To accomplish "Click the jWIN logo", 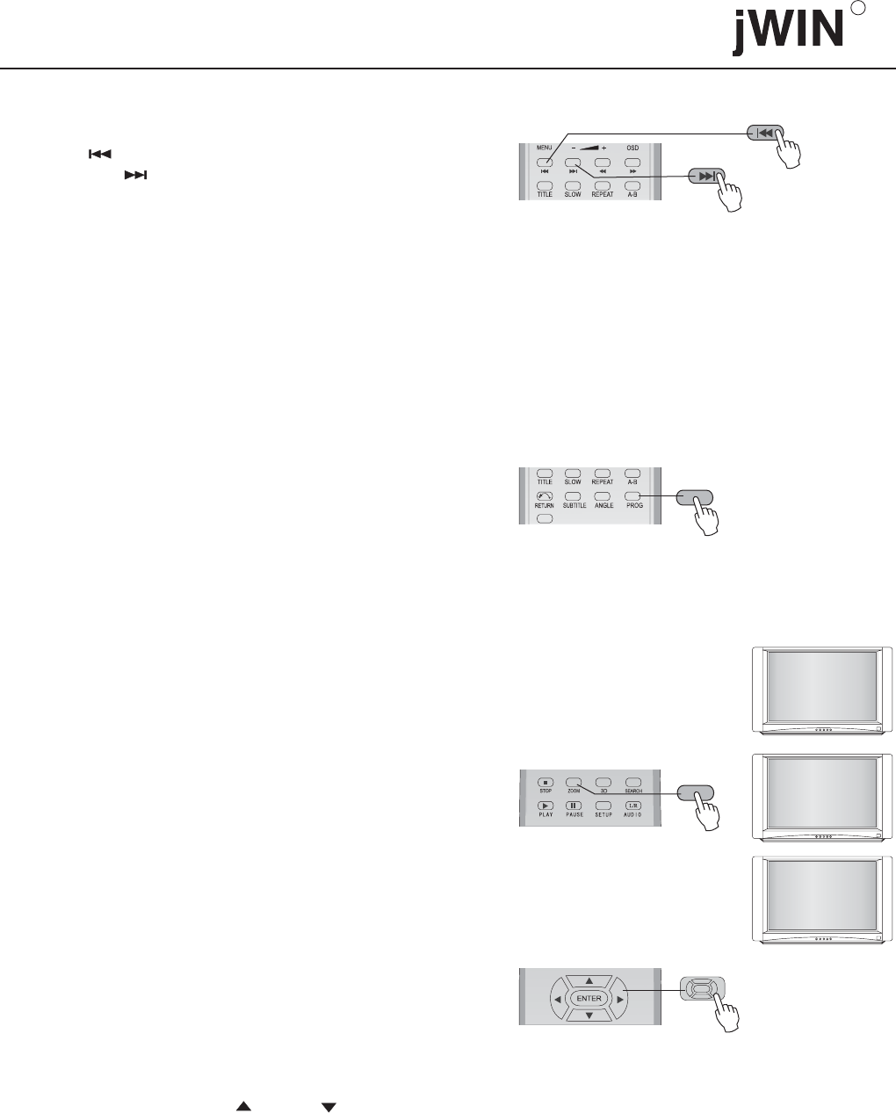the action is (x=784, y=33).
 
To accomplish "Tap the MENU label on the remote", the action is (x=545, y=148).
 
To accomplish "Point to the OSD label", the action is (x=632, y=148).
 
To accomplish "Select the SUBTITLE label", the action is (x=574, y=506).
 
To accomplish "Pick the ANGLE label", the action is (x=603, y=506).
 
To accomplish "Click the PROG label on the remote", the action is (x=632, y=506).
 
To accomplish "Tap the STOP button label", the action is (x=546, y=791).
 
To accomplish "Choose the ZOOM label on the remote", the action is (x=574, y=791).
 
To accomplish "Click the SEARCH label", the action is (x=632, y=791).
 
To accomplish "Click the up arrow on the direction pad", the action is (x=590, y=980).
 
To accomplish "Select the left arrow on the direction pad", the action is (x=557, y=1000).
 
